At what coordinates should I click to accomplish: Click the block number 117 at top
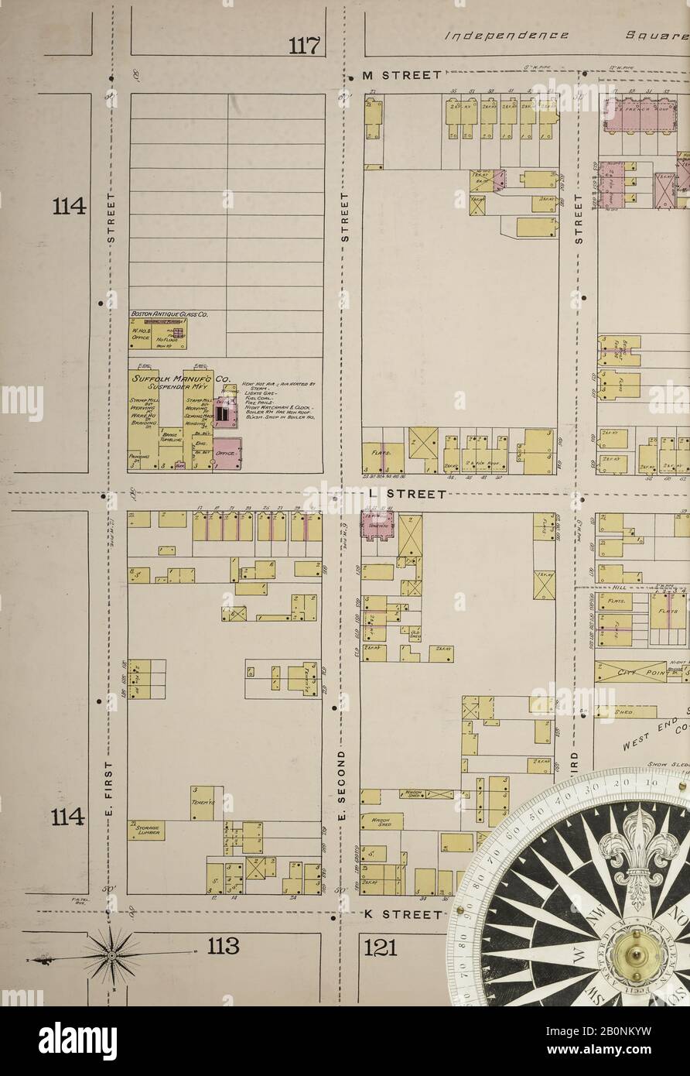(x=304, y=46)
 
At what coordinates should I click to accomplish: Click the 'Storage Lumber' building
(x=147, y=830)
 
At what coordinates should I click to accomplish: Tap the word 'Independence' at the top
(x=510, y=36)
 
